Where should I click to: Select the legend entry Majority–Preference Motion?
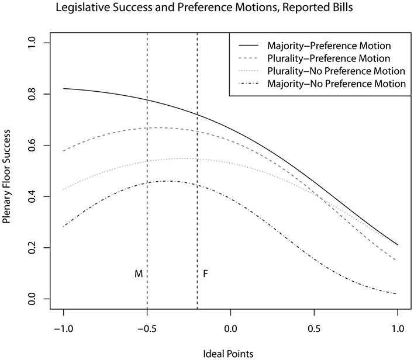click(329, 46)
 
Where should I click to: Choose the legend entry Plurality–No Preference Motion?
click(336, 71)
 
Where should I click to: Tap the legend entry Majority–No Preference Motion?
click(336, 84)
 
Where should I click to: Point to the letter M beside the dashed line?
click(139, 274)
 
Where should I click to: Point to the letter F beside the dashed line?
click(205, 274)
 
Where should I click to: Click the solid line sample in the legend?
click(249, 46)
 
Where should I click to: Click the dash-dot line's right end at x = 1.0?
click(397, 293)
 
